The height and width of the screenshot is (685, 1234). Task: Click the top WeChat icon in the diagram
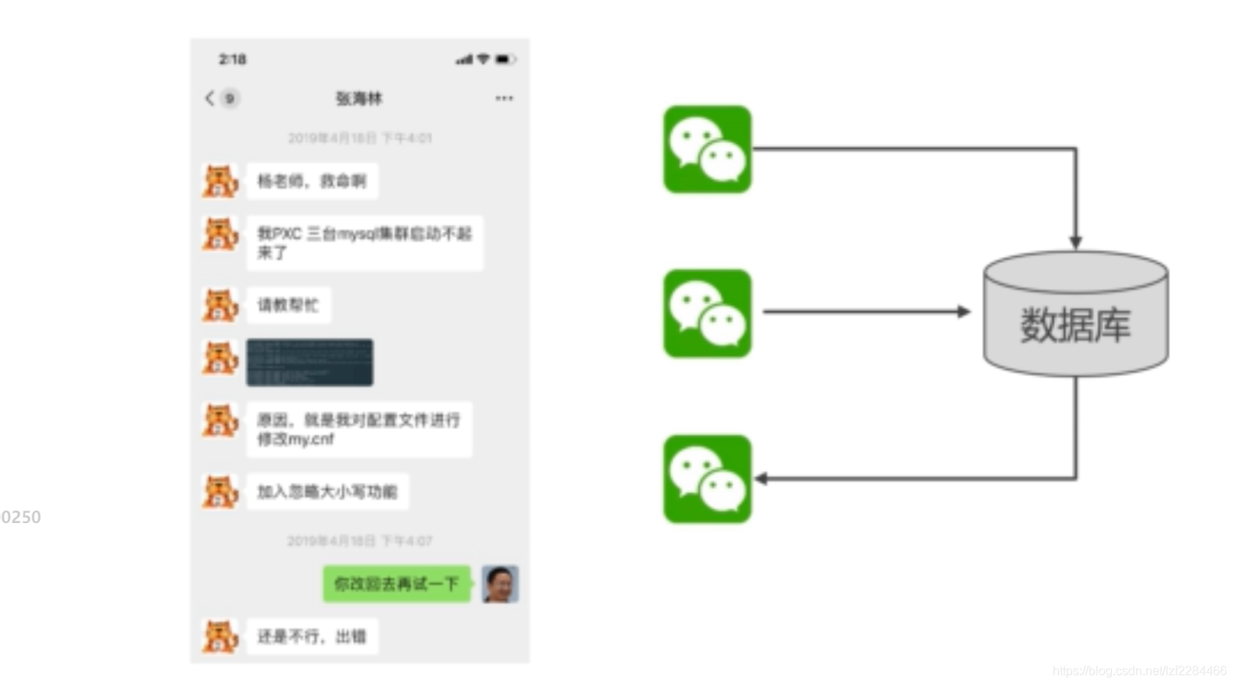tap(707, 149)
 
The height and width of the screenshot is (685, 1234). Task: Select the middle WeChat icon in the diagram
tap(707, 314)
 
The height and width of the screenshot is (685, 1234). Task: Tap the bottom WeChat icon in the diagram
tap(707, 479)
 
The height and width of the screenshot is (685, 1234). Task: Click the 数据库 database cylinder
tap(1075, 315)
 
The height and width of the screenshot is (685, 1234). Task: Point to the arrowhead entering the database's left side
tap(964, 311)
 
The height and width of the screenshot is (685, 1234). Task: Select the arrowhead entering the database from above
tap(1075, 242)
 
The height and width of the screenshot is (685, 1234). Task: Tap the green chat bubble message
tap(396, 584)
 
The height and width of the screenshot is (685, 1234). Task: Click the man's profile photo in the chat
tap(500, 584)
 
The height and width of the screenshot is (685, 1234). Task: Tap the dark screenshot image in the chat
tap(310, 363)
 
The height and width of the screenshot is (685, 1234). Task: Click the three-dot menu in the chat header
tap(504, 98)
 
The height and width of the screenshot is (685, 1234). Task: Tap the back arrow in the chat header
tap(209, 98)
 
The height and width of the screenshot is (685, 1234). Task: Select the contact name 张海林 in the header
tap(359, 98)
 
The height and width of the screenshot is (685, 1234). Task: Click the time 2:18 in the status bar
tap(232, 59)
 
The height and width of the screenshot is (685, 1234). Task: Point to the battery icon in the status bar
tap(504, 59)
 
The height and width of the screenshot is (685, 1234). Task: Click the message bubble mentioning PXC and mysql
tap(364, 243)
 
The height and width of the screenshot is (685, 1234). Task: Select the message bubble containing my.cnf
tap(359, 429)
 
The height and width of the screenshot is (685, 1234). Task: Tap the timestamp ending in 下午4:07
tap(360, 541)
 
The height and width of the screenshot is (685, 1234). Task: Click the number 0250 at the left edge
tap(21, 517)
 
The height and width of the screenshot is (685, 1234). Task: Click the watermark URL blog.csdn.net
tap(1139, 671)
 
